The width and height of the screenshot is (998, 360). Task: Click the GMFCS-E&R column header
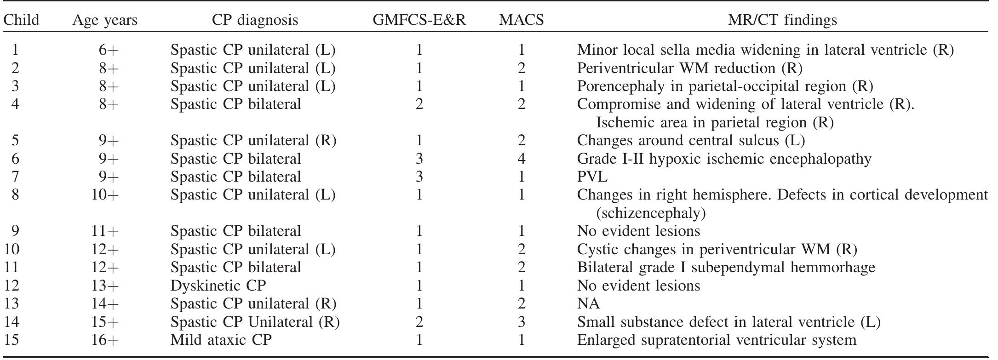coord(419,20)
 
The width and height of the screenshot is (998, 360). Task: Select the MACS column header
coord(521,20)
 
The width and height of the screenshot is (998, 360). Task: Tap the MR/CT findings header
coord(782,20)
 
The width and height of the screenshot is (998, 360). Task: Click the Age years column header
coord(105,20)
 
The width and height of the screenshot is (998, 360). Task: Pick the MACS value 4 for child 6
coord(521,159)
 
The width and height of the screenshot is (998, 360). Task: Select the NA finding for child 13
coord(588,303)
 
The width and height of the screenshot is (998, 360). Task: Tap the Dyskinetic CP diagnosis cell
coord(218,286)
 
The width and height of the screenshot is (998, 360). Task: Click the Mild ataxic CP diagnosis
coord(221,340)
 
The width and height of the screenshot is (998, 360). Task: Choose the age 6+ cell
coord(109,50)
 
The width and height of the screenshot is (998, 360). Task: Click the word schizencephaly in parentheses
coord(651,213)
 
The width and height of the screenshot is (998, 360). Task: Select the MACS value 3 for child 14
coord(521,321)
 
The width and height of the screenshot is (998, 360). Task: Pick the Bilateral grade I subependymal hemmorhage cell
coord(726,267)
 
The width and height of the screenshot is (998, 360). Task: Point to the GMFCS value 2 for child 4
coord(419,104)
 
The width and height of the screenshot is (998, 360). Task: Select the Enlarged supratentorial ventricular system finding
coord(717,340)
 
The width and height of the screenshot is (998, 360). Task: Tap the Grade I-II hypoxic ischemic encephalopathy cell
coord(724,159)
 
